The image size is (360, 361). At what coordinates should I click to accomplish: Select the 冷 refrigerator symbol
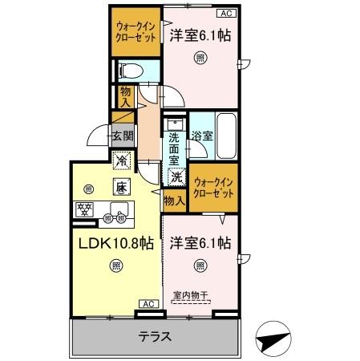pyautogui.click(x=121, y=161)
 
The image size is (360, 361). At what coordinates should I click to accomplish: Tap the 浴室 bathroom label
pyautogui.click(x=201, y=136)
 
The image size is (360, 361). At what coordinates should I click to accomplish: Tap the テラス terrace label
pyautogui.click(x=154, y=336)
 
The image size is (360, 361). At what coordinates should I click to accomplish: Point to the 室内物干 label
pyautogui.click(x=190, y=294)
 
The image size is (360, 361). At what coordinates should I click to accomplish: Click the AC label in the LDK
pyautogui.click(x=148, y=304)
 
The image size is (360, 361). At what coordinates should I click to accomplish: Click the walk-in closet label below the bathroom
pyautogui.click(x=213, y=189)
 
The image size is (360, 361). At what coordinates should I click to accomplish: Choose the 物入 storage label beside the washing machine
pyautogui.click(x=174, y=200)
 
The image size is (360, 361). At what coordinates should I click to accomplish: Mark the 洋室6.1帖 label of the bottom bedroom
pyautogui.click(x=200, y=242)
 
